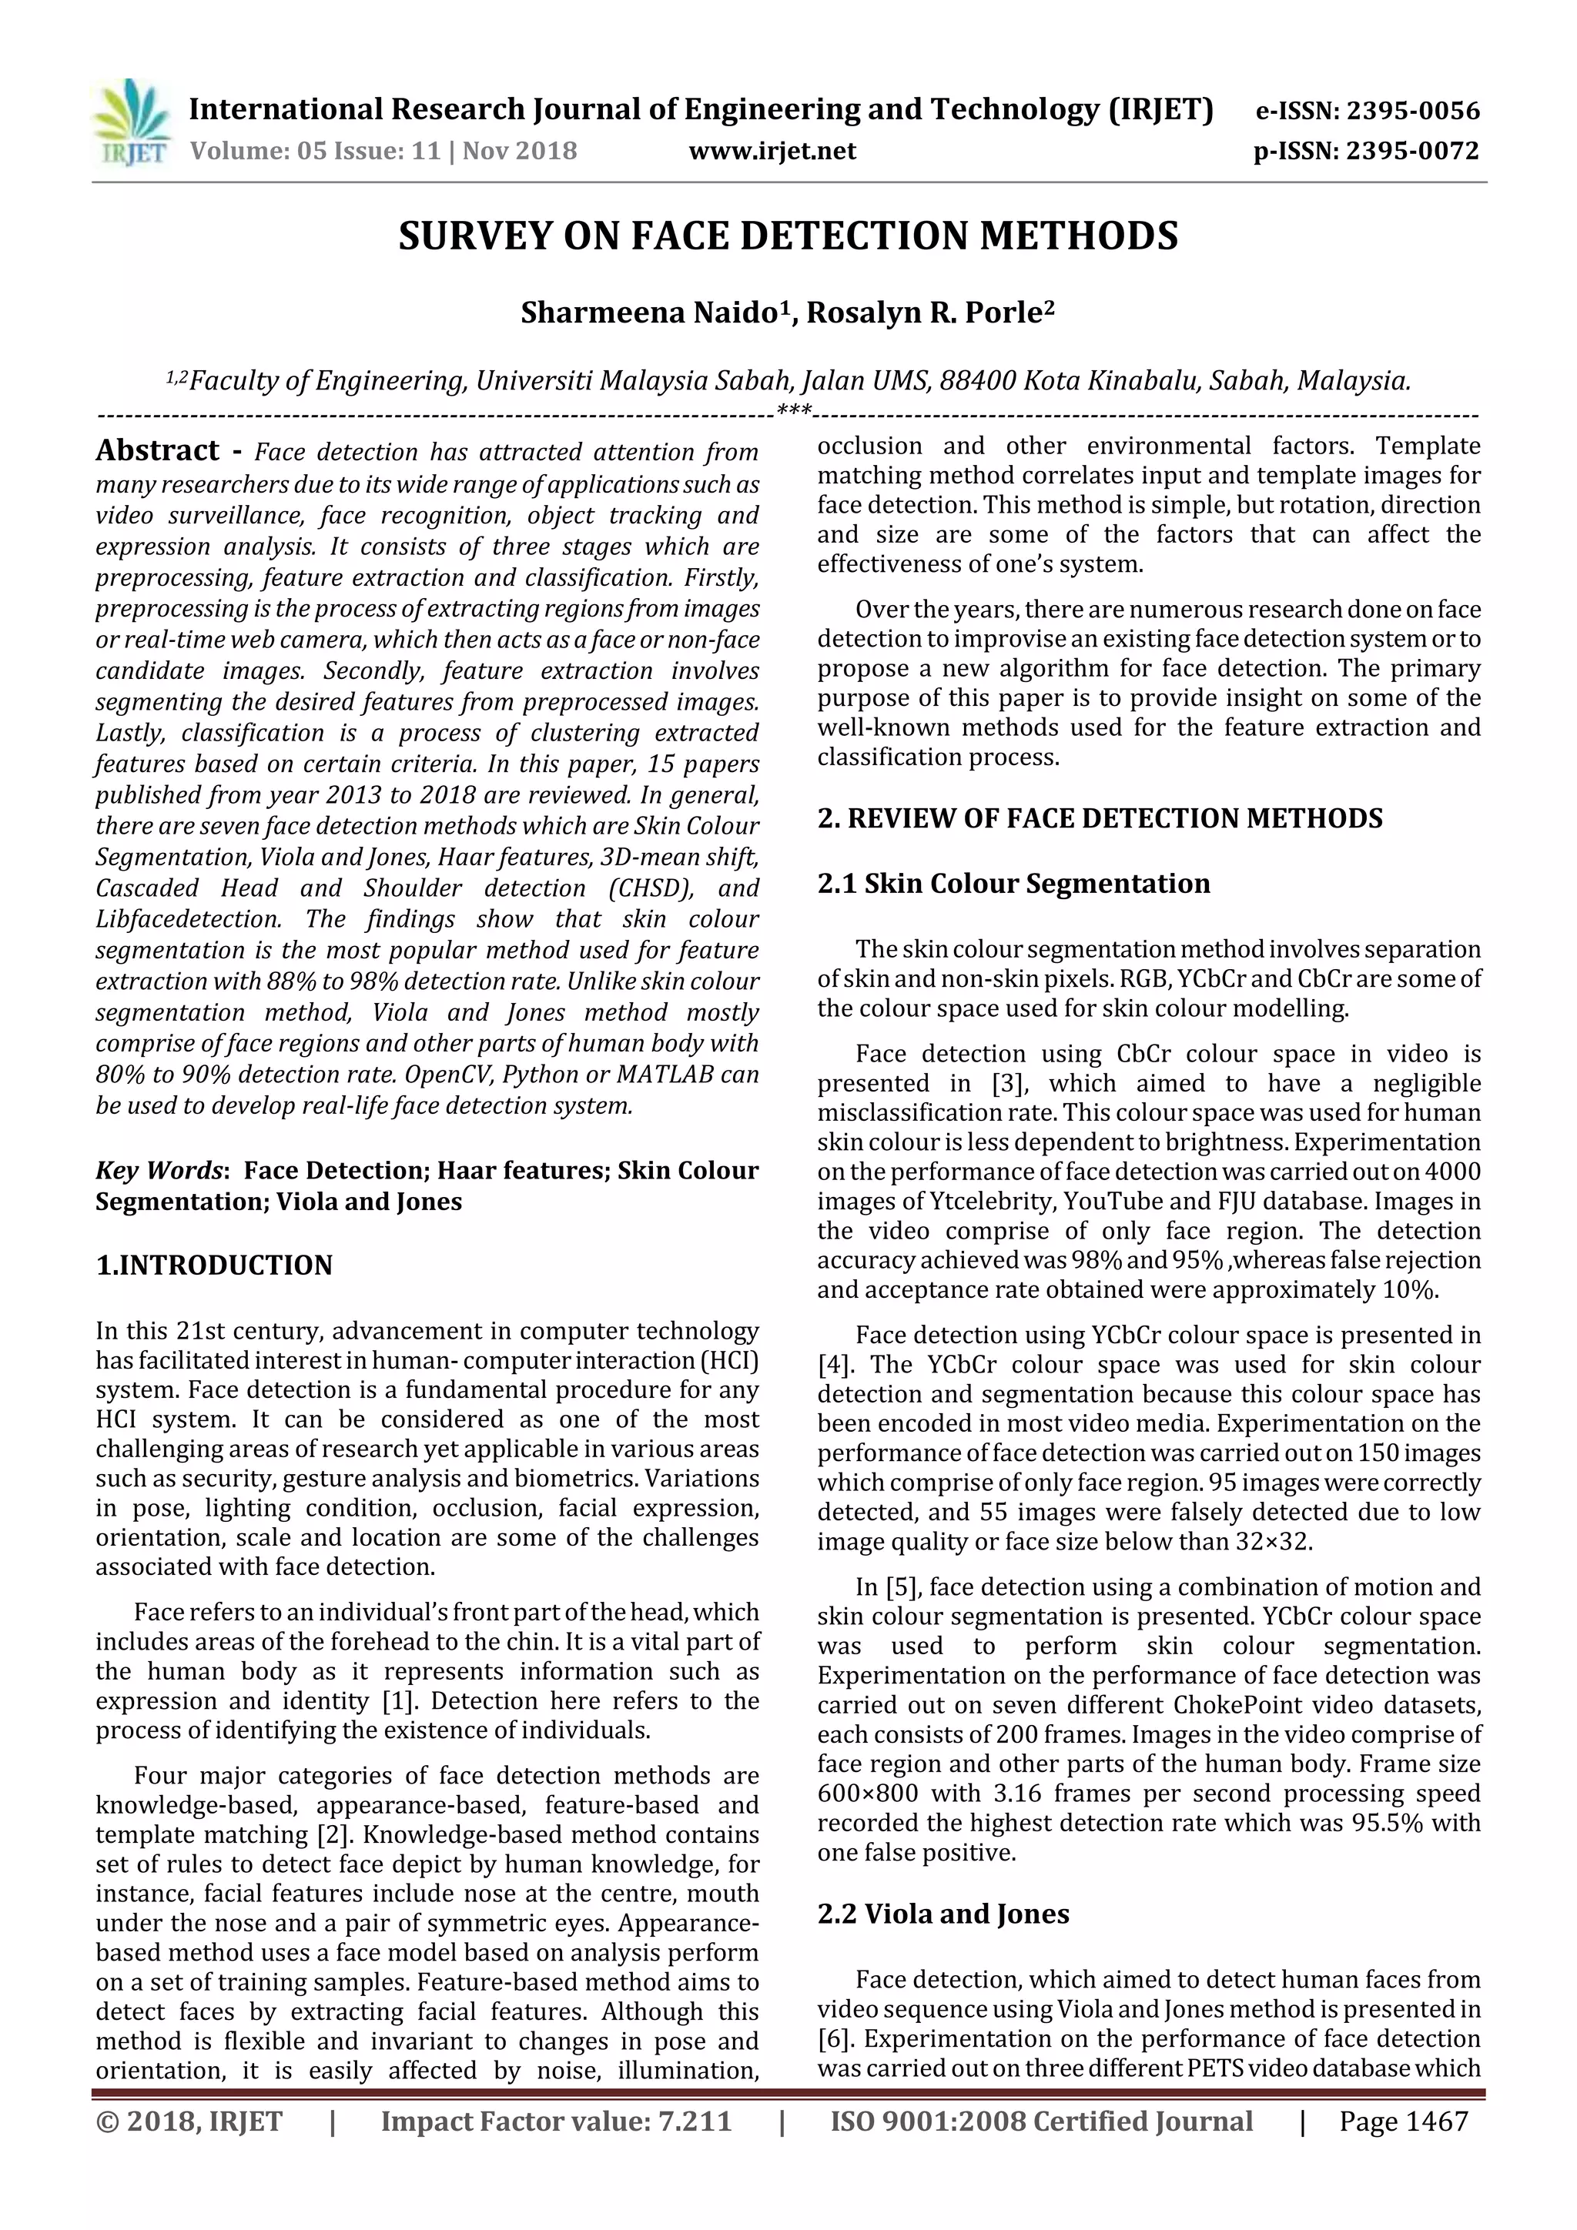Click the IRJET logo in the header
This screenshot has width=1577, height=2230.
(130, 123)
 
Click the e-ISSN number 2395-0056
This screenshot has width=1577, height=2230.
(1409, 111)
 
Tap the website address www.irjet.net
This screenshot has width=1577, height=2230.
(772, 151)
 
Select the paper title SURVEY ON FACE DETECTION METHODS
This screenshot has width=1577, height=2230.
(788, 236)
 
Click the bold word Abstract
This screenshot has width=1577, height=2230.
(157, 450)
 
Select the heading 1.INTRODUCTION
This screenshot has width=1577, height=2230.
(214, 1265)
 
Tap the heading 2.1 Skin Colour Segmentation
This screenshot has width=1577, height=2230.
(1013, 883)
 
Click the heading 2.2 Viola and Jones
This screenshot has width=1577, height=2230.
(943, 1914)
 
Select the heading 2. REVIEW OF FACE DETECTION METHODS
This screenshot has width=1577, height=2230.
(1099, 817)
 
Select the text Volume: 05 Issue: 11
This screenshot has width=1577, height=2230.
(316, 152)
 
